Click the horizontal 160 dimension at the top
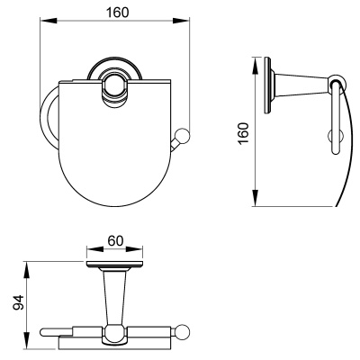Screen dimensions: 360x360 pyautogui.click(x=118, y=13)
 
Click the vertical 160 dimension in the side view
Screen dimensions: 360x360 pyautogui.click(x=244, y=133)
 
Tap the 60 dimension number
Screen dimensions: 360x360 pyautogui.click(x=115, y=240)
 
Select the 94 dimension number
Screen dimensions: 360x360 pyautogui.click(x=18, y=302)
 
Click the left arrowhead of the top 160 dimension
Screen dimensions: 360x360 pyautogui.click(x=49, y=20)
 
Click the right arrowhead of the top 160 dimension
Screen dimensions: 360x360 pyautogui.click(x=181, y=20)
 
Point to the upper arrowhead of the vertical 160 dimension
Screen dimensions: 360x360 pyautogui.click(x=255, y=66)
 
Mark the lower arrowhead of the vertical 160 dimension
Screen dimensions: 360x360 pyautogui.click(x=255, y=198)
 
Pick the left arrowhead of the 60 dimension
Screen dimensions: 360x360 pyautogui.click(x=94, y=249)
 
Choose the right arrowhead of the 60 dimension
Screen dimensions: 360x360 pyautogui.click(x=134, y=249)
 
